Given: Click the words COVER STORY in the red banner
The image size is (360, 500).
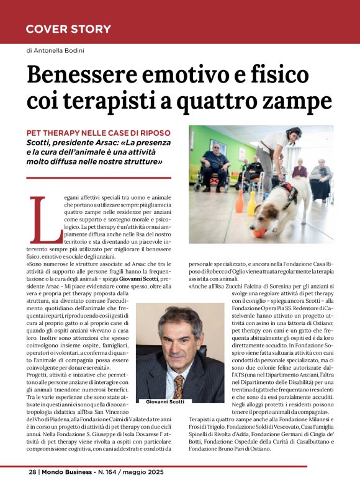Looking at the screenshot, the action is coord(68,29).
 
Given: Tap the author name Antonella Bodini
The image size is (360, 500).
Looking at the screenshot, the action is coord(62,50).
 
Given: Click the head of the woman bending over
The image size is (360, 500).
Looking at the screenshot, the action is coord(274,138).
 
